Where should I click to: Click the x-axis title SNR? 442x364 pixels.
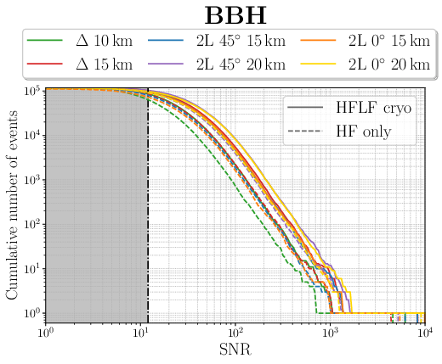coord(235,350)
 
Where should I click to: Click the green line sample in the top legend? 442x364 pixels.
coord(44,41)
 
